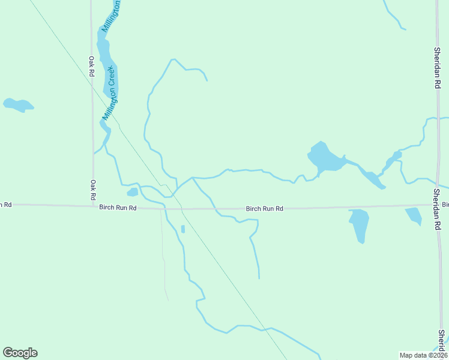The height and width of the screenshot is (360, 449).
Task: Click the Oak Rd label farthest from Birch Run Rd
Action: click(x=92, y=66)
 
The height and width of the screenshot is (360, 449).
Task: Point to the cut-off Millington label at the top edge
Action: click(x=111, y=16)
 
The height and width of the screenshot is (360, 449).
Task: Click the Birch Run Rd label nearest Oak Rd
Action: click(x=118, y=208)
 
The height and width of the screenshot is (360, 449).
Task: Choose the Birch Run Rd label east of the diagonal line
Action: click(x=264, y=209)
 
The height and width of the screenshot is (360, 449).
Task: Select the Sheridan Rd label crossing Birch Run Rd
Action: click(x=437, y=209)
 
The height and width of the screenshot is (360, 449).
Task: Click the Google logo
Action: click(x=20, y=353)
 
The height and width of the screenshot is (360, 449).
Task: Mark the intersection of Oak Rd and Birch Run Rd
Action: click(x=93, y=206)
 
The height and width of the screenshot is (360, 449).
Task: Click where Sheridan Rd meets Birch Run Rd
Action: click(x=437, y=205)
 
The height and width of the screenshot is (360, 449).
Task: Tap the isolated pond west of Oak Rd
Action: click(x=18, y=105)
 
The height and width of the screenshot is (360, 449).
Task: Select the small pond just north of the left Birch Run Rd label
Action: click(x=133, y=192)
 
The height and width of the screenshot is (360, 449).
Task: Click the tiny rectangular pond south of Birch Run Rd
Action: click(x=183, y=229)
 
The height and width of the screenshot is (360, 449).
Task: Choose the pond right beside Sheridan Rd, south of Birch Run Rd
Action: click(x=414, y=215)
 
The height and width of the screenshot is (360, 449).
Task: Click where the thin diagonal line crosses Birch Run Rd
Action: click(x=182, y=209)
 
